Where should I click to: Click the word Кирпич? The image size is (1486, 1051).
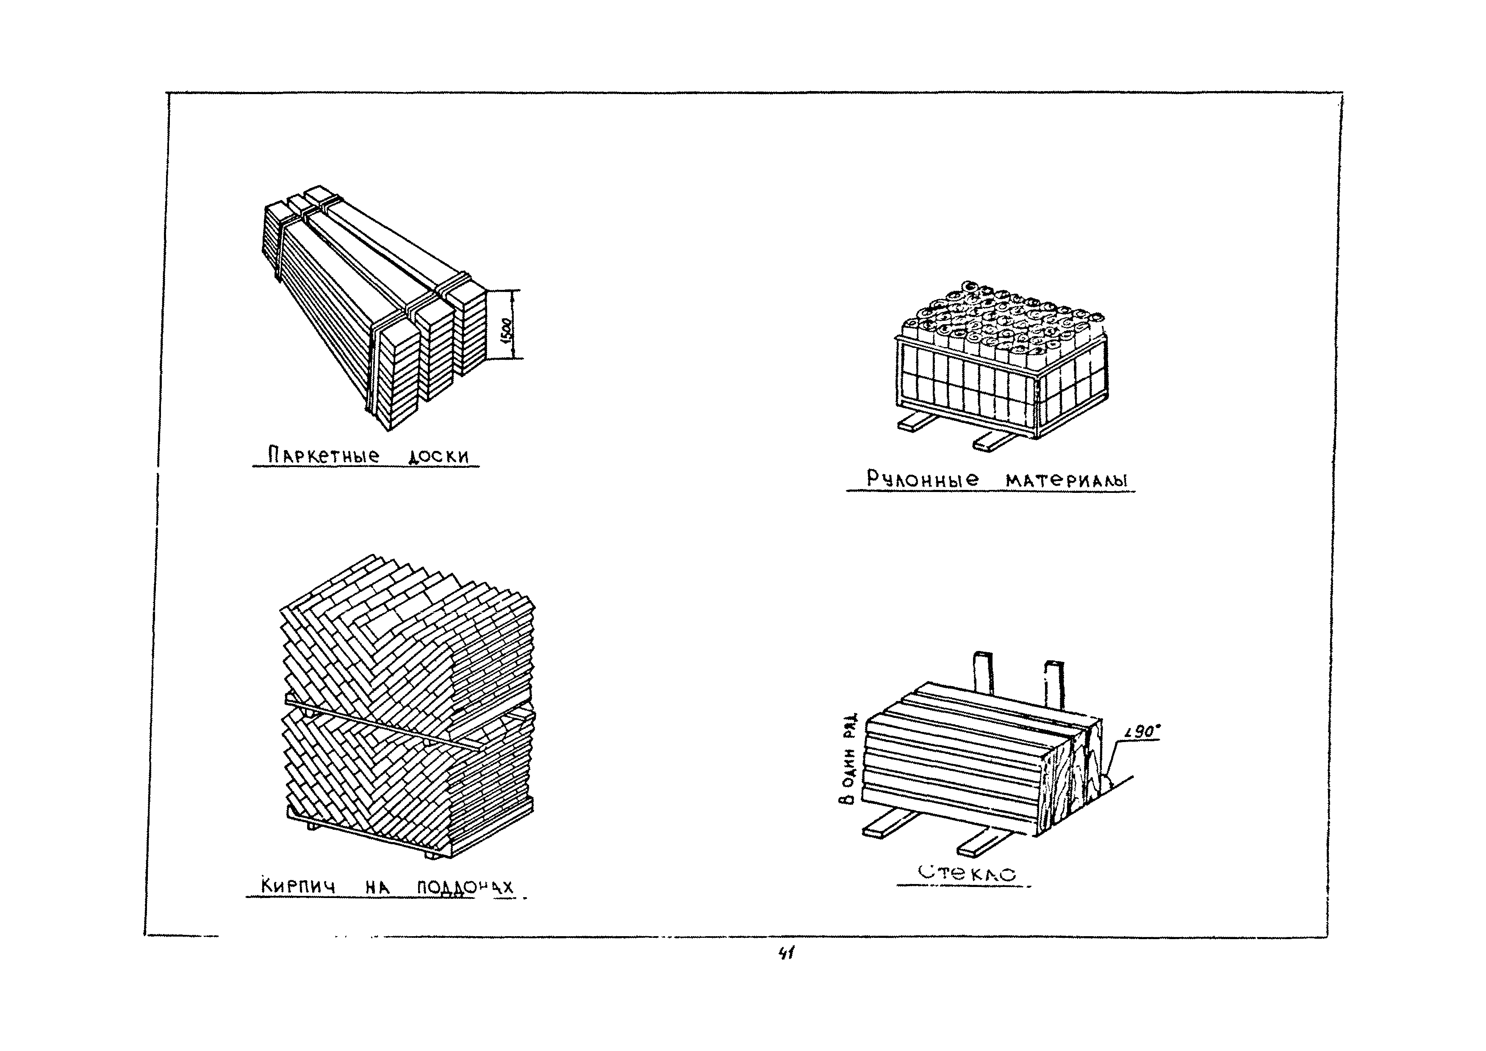pyautogui.click(x=298, y=885)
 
